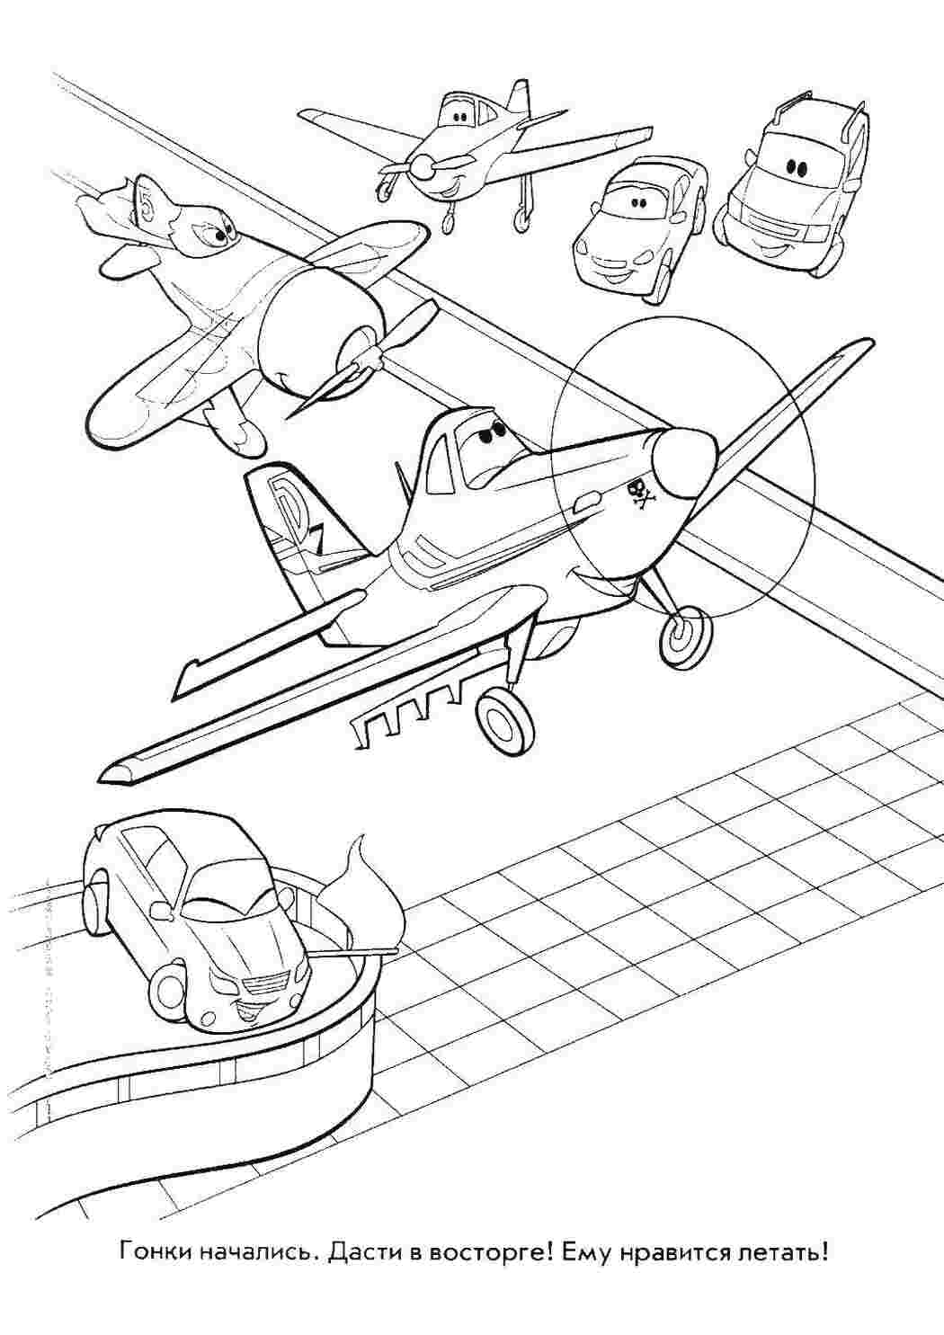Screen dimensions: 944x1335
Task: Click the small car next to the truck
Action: [640, 220]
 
